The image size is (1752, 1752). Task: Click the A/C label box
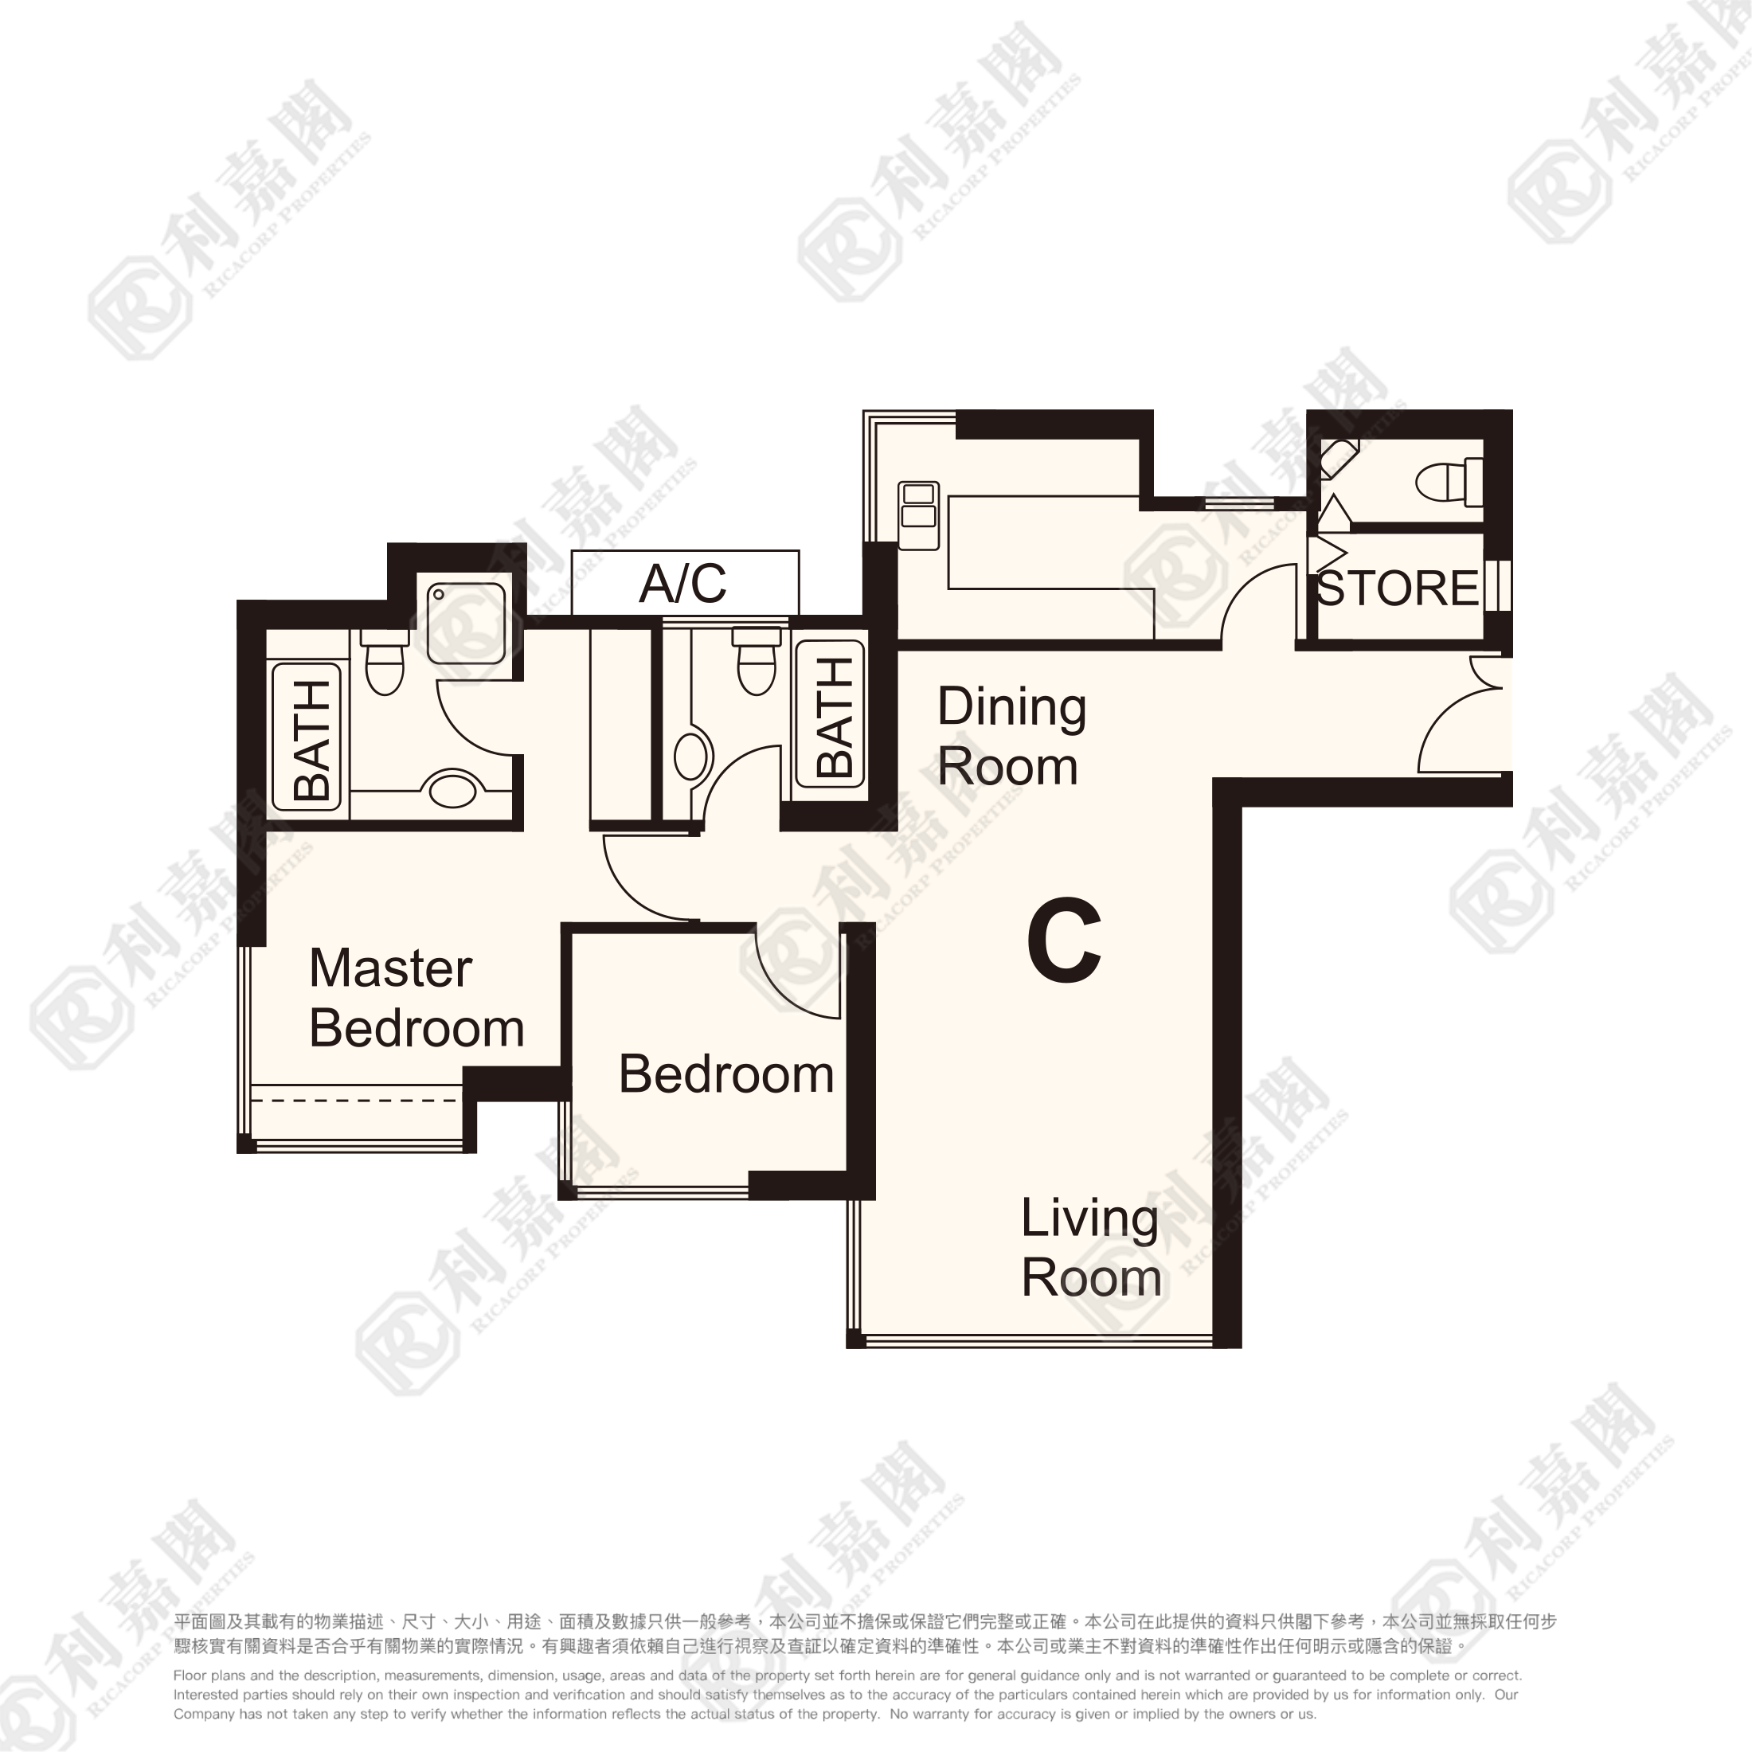point(685,582)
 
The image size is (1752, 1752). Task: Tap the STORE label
point(1397,589)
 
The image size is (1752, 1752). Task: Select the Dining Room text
point(1011,737)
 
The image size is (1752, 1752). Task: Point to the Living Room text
point(1091,1248)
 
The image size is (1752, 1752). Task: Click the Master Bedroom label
point(416,999)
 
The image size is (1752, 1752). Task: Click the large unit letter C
point(1065,942)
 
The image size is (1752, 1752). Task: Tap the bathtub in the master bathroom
point(307,737)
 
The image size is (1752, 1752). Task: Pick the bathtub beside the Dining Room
point(830,714)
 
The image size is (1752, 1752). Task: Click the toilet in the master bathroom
point(385,662)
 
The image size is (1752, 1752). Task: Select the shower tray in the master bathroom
point(466,622)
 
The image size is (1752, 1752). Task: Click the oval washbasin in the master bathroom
point(452,788)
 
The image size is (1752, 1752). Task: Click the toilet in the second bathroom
point(757,660)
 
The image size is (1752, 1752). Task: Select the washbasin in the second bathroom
point(692,756)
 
